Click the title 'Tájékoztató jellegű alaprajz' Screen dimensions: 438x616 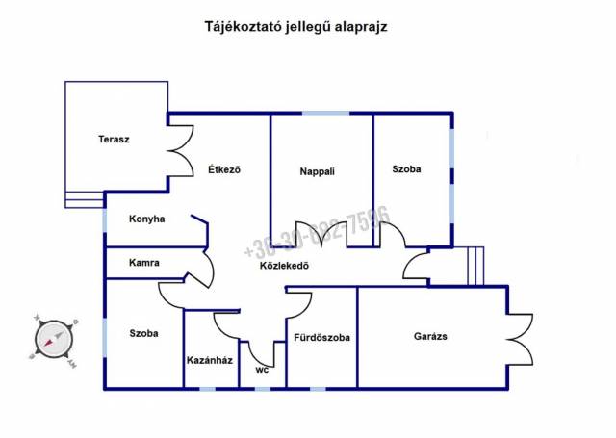tap(295, 27)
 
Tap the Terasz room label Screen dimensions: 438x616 tap(114, 139)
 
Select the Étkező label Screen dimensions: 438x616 tap(223, 170)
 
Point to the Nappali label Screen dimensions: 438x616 tap(317, 172)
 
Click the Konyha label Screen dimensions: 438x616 tap(147, 219)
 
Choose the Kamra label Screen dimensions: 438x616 tap(144, 262)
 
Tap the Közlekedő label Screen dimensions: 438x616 tap(284, 267)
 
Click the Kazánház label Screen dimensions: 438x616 tap(210, 361)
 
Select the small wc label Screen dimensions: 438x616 tap(261, 369)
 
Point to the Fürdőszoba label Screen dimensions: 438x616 tap(321, 338)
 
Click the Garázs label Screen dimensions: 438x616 tap(430, 336)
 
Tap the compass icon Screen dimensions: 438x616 tap(54, 339)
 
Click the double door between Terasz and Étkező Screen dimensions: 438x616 tap(179, 150)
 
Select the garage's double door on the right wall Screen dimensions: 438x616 tap(518, 337)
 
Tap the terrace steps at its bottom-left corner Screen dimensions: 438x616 tap(85, 199)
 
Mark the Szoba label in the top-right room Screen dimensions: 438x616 tap(406, 169)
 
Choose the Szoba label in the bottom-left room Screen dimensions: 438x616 tap(143, 333)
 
